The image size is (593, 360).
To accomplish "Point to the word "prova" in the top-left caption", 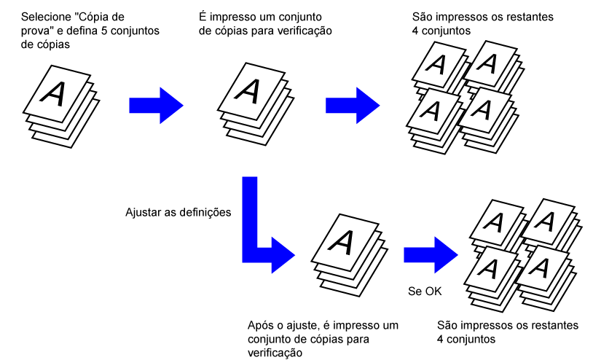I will pos(37,30).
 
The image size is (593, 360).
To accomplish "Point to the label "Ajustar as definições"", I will pos(178,213).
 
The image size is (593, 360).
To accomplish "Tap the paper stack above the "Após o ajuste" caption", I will pos(345,251).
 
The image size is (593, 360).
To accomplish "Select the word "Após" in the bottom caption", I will pos(262,326).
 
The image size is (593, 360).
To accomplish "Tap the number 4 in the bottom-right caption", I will pos(442,339).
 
